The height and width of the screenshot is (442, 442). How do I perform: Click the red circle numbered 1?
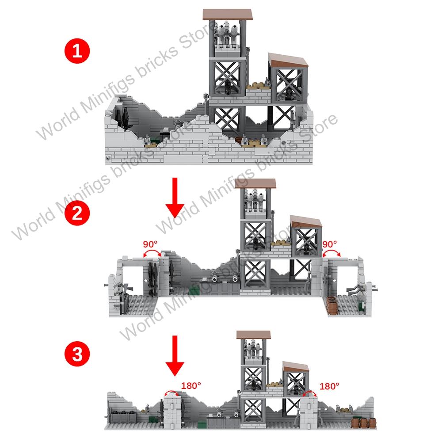(78, 52)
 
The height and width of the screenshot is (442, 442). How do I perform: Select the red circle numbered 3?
(78, 354)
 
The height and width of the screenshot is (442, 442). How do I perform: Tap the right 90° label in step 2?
(330, 244)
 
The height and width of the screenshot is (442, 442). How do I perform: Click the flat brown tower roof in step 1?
(227, 14)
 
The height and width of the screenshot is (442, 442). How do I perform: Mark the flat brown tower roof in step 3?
(253, 334)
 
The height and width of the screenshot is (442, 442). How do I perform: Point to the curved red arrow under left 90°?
(151, 253)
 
